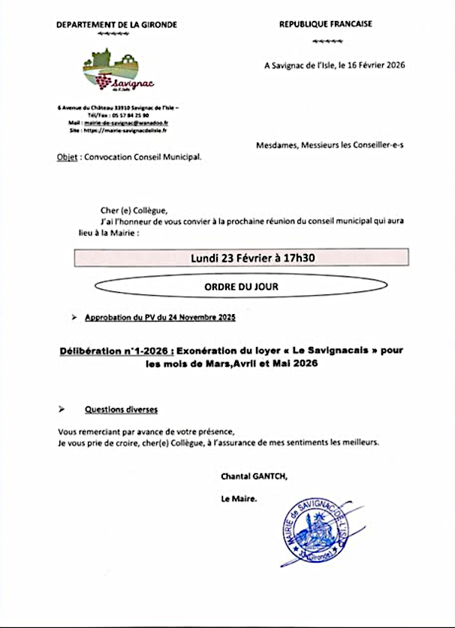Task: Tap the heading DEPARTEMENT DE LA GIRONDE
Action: pyautogui.click(x=116, y=24)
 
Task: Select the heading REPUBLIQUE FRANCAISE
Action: pyautogui.click(x=325, y=24)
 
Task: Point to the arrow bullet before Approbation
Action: pyautogui.click(x=74, y=318)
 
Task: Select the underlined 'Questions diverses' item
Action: pyautogui.click(x=121, y=409)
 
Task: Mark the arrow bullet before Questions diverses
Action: pyautogui.click(x=62, y=409)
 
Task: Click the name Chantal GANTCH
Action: pyautogui.click(x=254, y=476)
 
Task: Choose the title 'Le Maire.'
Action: pyautogui.click(x=239, y=499)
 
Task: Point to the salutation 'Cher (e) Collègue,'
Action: pyautogui.click(x=134, y=210)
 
